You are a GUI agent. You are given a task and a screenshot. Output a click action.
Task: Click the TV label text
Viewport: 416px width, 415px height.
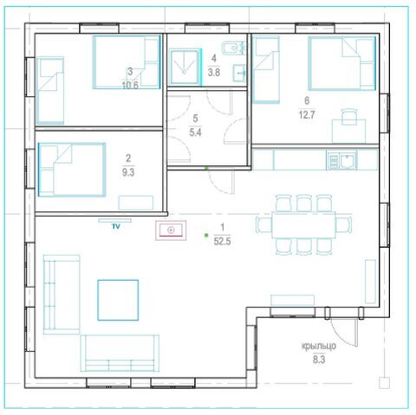[116, 227]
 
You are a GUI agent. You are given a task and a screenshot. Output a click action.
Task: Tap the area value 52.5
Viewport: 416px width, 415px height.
[222, 241]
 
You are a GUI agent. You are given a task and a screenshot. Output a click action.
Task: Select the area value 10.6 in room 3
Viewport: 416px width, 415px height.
[130, 85]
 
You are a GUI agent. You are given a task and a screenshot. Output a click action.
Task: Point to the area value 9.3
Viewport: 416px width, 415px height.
[128, 172]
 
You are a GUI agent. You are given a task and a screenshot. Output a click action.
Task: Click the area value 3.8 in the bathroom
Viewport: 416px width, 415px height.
[214, 72]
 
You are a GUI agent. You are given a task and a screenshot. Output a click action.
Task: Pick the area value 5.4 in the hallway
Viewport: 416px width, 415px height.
[195, 133]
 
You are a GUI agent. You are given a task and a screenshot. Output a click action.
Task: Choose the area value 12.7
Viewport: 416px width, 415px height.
[307, 115]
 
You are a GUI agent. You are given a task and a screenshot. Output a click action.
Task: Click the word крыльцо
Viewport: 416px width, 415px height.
[319, 346]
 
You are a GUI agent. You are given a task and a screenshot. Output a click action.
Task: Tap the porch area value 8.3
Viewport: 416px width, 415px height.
[319, 360]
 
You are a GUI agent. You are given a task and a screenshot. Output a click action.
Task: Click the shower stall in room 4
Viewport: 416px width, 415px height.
[185, 68]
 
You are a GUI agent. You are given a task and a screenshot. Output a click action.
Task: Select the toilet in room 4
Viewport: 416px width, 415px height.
[233, 48]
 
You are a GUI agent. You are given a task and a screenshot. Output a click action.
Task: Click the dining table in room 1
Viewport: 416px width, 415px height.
[304, 224]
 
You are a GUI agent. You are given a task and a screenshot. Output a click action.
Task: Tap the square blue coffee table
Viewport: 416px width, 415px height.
[118, 300]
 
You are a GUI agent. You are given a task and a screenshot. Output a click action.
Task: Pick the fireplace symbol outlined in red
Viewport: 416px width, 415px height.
[171, 230]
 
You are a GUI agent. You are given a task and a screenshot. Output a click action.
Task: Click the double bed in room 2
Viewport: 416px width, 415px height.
[72, 170]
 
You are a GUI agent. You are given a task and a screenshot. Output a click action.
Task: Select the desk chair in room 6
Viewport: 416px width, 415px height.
[349, 116]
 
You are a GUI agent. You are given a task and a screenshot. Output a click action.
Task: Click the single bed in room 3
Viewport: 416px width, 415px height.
[50, 91]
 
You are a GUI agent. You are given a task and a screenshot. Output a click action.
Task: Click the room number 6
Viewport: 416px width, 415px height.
[307, 101]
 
